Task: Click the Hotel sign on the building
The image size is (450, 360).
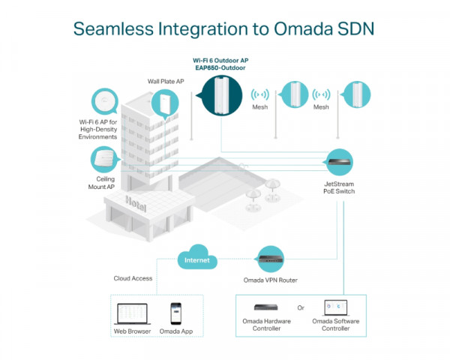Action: click(137, 203)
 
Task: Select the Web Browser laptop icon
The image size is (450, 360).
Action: click(132, 313)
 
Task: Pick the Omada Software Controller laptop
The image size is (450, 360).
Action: click(335, 307)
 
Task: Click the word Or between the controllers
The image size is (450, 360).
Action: click(301, 307)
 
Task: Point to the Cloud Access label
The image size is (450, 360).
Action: click(133, 278)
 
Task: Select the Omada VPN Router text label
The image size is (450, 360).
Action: click(270, 280)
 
